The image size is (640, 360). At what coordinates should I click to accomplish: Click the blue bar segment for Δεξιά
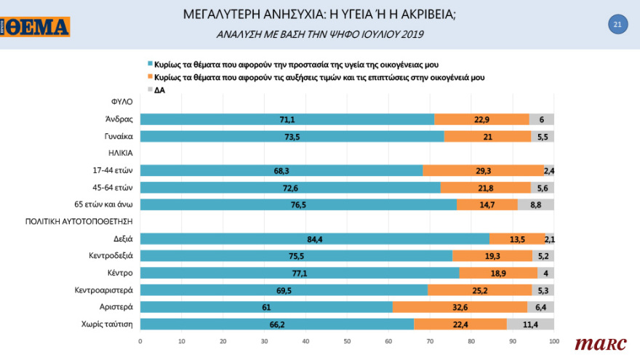(x=314, y=239)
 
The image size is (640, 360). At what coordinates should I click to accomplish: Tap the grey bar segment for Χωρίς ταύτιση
(x=530, y=324)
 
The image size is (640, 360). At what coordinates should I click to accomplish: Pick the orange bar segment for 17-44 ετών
(x=483, y=170)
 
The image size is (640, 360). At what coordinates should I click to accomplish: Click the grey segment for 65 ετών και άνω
(x=535, y=204)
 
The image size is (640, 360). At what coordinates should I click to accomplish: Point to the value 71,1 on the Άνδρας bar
(x=287, y=119)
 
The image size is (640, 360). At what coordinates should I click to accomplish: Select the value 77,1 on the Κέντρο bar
(x=299, y=273)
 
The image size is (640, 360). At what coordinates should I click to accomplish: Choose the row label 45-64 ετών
(x=113, y=187)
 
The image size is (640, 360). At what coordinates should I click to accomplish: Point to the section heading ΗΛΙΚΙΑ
(x=120, y=153)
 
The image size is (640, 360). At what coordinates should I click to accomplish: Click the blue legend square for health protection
(x=150, y=65)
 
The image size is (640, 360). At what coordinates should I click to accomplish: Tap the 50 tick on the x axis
(x=347, y=340)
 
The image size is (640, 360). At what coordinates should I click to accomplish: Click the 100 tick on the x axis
(x=553, y=340)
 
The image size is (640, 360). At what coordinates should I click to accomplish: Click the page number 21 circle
(x=617, y=25)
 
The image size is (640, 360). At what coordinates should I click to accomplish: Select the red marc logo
(x=596, y=343)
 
